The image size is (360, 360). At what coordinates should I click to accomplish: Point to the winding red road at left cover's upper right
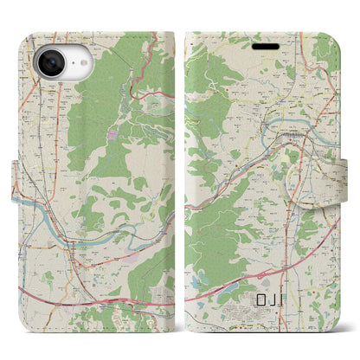[x=139, y=78]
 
